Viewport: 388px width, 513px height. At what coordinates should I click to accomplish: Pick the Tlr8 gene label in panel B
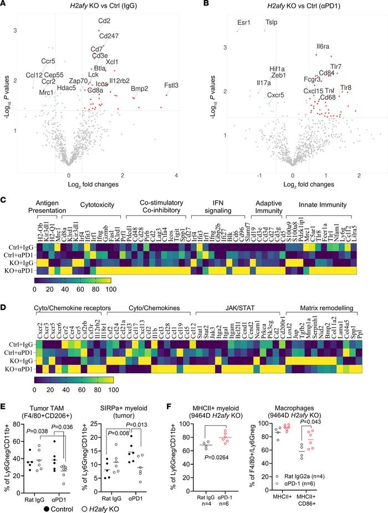click(x=345, y=88)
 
